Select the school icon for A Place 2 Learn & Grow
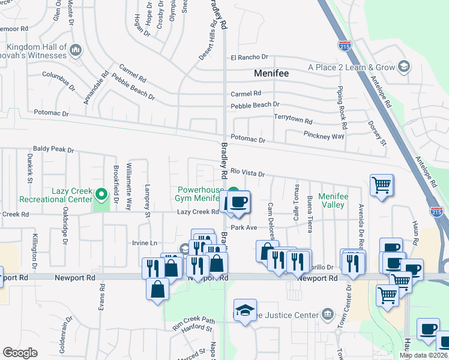pos(404,67)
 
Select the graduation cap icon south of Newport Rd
pos(245,310)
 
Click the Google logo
pos(20,353)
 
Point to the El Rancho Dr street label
pos(249,57)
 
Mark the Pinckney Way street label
pos(324,136)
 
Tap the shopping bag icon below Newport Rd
pos(157,289)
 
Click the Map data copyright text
pos(424,355)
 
